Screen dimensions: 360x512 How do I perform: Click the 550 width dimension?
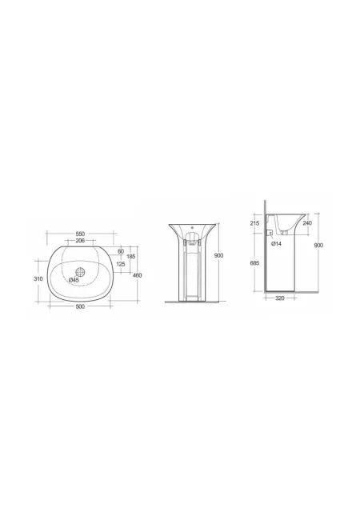(80, 234)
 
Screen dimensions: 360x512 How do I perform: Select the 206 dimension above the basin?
(80, 241)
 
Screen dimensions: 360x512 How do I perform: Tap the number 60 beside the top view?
(121, 251)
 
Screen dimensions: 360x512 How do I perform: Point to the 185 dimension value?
(131, 256)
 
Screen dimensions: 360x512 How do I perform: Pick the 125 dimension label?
(121, 264)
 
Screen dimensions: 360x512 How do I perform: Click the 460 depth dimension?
(138, 275)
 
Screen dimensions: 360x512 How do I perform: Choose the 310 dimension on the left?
(38, 279)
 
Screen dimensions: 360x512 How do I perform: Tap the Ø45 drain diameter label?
(74, 280)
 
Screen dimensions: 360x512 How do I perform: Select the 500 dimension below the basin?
(80, 306)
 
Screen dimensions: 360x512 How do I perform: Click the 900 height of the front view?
(219, 255)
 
